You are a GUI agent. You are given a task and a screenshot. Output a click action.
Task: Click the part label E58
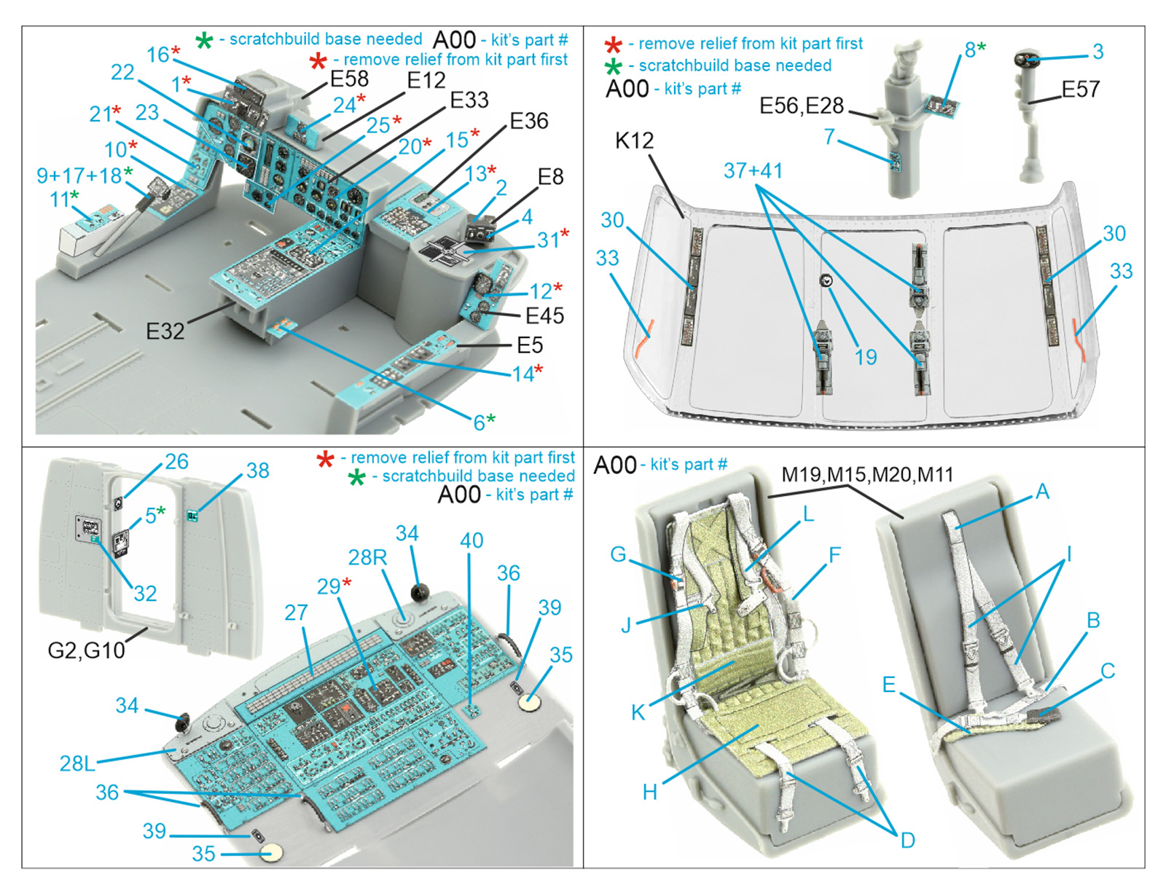[x=349, y=79]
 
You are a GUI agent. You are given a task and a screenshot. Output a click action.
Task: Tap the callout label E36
[x=528, y=121]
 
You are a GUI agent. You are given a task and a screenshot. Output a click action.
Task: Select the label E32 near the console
[x=165, y=331]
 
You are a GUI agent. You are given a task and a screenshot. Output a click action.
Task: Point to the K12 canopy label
[x=634, y=141]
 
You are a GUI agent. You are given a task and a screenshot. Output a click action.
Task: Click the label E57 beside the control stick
[x=1080, y=90]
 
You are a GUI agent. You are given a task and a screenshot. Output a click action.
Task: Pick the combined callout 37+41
[x=753, y=170]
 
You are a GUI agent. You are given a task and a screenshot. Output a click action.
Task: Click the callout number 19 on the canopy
[x=865, y=357]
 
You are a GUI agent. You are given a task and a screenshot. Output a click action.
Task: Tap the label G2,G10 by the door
[x=86, y=650]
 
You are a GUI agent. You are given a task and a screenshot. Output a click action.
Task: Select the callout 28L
[x=77, y=763]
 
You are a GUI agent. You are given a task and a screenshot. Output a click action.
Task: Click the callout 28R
[x=367, y=558]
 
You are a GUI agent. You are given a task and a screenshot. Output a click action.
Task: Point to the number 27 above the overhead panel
[x=296, y=613]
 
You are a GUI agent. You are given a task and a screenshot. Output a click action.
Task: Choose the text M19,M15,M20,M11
[x=867, y=475]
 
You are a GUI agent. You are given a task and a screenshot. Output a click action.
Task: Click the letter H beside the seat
[x=649, y=792]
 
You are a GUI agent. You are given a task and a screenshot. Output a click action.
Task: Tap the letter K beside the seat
[x=638, y=712]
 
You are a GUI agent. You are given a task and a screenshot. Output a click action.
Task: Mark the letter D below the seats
[x=907, y=841]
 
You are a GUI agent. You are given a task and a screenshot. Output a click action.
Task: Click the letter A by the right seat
[x=1042, y=492]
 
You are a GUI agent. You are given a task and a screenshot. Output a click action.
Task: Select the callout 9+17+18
[x=79, y=176]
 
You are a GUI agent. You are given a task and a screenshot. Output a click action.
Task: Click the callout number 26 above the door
[x=176, y=461]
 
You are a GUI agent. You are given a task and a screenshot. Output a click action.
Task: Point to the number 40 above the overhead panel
[x=472, y=540]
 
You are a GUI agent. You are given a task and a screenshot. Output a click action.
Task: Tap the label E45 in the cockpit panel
[x=544, y=315]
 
